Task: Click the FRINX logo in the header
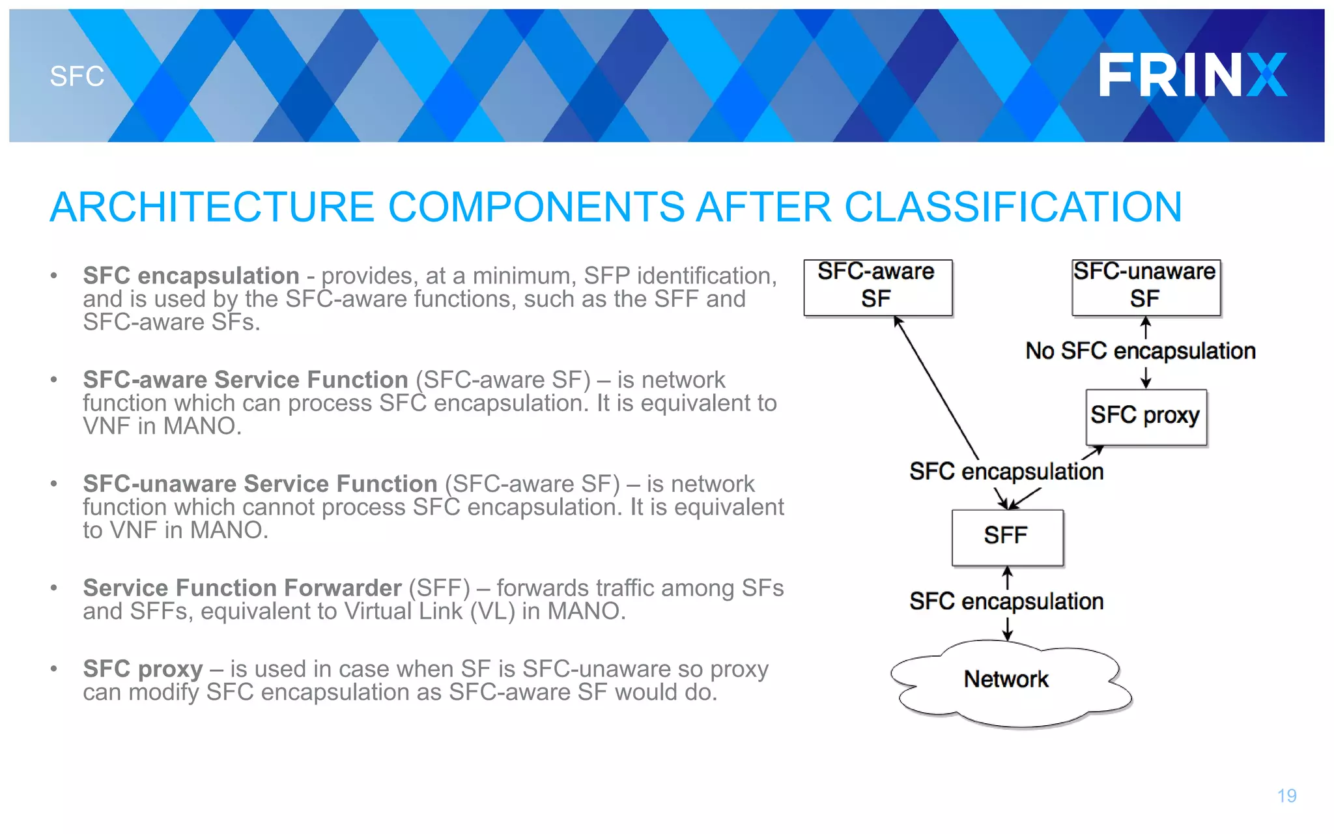[1192, 75]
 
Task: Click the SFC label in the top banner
[77, 76]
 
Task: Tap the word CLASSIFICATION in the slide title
[1013, 207]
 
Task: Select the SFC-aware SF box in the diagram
[877, 287]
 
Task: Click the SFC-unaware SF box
[1145, 287]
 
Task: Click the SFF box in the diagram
[1007, 537]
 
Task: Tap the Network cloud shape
[1007, 681]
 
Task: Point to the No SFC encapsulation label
[1140, 351]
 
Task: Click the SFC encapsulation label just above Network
[1006, 601]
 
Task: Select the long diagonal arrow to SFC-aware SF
[936, 388]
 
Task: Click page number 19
[1286, 796]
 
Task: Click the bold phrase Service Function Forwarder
[242, 588]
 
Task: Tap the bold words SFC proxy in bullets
[143, 669]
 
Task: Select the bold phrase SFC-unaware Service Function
[260, 484]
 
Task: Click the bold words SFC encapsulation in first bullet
[191, 276]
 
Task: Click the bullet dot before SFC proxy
[54, 669]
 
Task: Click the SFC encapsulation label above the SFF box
[1006, 472]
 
